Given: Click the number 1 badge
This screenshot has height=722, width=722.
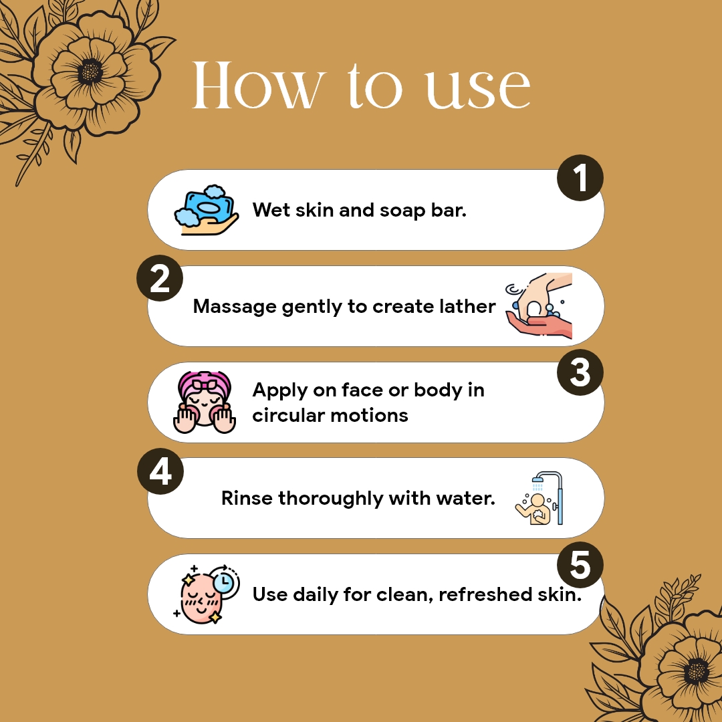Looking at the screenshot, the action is (x=580, y=178).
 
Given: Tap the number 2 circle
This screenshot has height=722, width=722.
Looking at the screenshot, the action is (x=160, y=278).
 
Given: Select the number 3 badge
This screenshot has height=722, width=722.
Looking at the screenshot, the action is (x=580, y=372).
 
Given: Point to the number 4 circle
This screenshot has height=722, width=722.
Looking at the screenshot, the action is (x=160, y=471).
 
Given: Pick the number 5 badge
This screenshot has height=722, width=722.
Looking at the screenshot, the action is (x=580, y=564).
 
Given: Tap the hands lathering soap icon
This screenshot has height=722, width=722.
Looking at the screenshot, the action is (x=539, y=306).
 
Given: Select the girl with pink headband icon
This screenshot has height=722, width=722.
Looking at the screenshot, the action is (x=205, y=402).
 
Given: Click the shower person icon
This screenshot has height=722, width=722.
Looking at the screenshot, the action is (x=539, y=498).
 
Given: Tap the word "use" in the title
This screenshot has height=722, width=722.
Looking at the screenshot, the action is (x=478, y=89).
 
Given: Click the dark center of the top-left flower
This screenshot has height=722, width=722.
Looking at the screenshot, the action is (x=90, y=72).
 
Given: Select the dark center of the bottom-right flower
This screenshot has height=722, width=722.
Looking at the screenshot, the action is (x=696, y=671).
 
